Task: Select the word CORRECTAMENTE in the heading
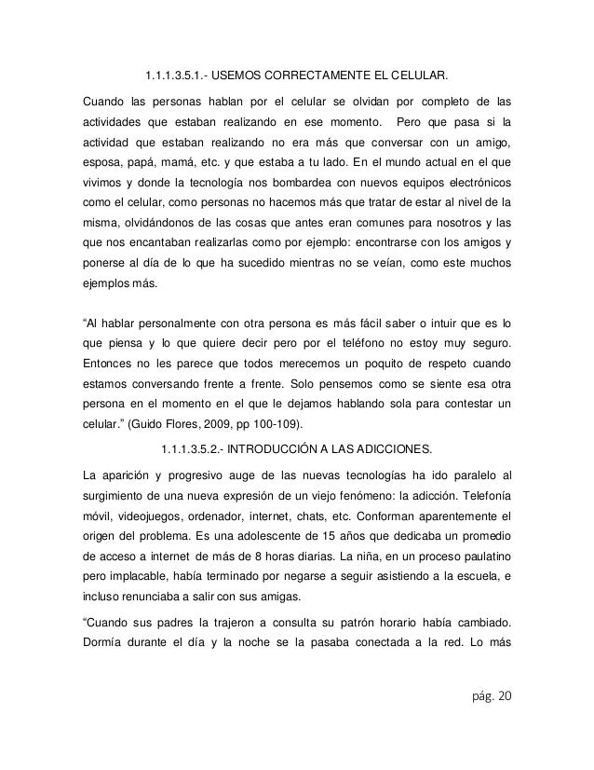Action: coord(331,76)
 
